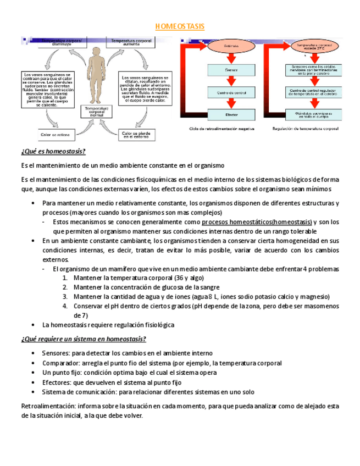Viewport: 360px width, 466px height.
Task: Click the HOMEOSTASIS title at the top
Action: pos(179,26)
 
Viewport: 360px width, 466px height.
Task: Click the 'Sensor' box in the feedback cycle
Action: pos(231,70)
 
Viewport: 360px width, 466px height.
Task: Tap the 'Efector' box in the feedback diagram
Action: pos(231,115)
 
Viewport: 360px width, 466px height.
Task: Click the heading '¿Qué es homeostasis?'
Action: pos(53,152)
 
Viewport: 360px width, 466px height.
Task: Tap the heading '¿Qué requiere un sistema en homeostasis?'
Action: pos(83,339)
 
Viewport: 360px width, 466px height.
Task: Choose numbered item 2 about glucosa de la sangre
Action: pos(146,287)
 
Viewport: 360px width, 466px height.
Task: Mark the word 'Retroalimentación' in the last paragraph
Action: pos(47,406)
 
